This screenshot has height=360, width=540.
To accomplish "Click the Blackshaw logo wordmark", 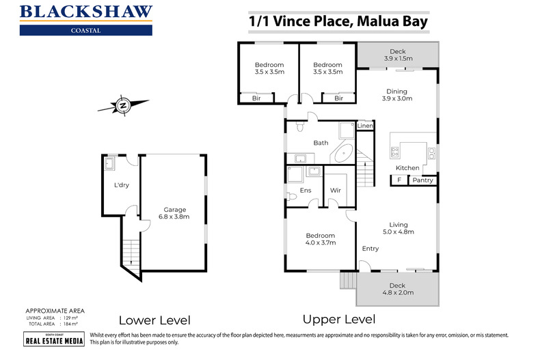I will point(87,12).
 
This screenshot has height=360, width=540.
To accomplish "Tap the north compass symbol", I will point(122,106).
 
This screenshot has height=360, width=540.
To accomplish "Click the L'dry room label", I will point(122,184).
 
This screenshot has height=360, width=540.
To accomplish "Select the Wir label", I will point(336,190).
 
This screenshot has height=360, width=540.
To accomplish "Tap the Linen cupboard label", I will point(365,126).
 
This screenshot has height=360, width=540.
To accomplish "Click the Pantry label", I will point(422,180).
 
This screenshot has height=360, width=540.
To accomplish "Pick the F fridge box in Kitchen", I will point(398,180).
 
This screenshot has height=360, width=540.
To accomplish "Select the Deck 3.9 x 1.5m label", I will point(397,55).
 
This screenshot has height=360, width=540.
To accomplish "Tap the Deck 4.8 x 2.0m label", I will point(397,290).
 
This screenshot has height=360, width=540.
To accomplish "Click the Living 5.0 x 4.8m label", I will point(398,228).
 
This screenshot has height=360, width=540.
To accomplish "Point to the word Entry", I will point(370,249).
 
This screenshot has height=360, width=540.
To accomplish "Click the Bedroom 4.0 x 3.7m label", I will point(320,239).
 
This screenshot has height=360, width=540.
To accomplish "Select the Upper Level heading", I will point(340,319).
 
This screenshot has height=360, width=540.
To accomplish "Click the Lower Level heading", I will point(154,320).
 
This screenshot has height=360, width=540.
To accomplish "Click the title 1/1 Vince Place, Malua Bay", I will point(338,21).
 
